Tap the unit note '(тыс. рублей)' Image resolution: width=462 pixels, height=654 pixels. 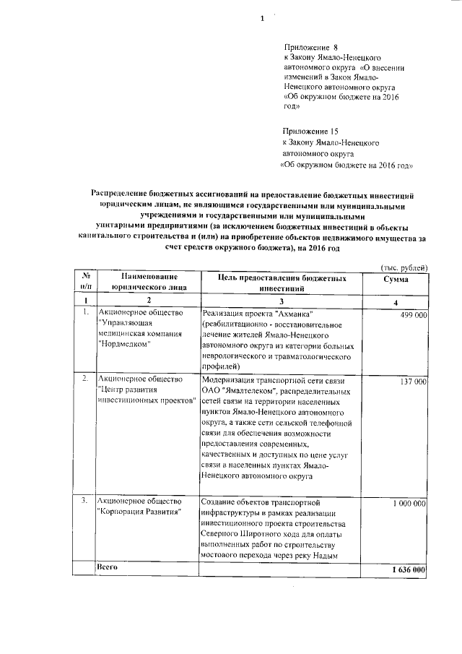pyautogui.click(x=405, y=268)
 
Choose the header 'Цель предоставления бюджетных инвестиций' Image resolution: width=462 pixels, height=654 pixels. pyautogui.click(x=277, y=282)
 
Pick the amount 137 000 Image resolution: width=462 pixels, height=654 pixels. pyautogui.click(x=410, y=381)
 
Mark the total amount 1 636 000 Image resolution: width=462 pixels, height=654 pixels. pyautogui.click(x=406, y=570)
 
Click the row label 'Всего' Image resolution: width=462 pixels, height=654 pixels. pyautogui.click(x=108, y=568)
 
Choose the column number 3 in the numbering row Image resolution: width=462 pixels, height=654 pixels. pyautogui.click(x=279, y=300)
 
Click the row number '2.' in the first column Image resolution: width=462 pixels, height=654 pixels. pyautogui.click(x=85, y=379)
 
